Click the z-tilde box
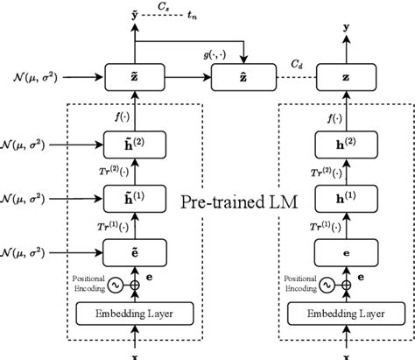(134, 77)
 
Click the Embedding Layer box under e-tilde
(134, 314)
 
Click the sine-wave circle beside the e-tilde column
(114, 285)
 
